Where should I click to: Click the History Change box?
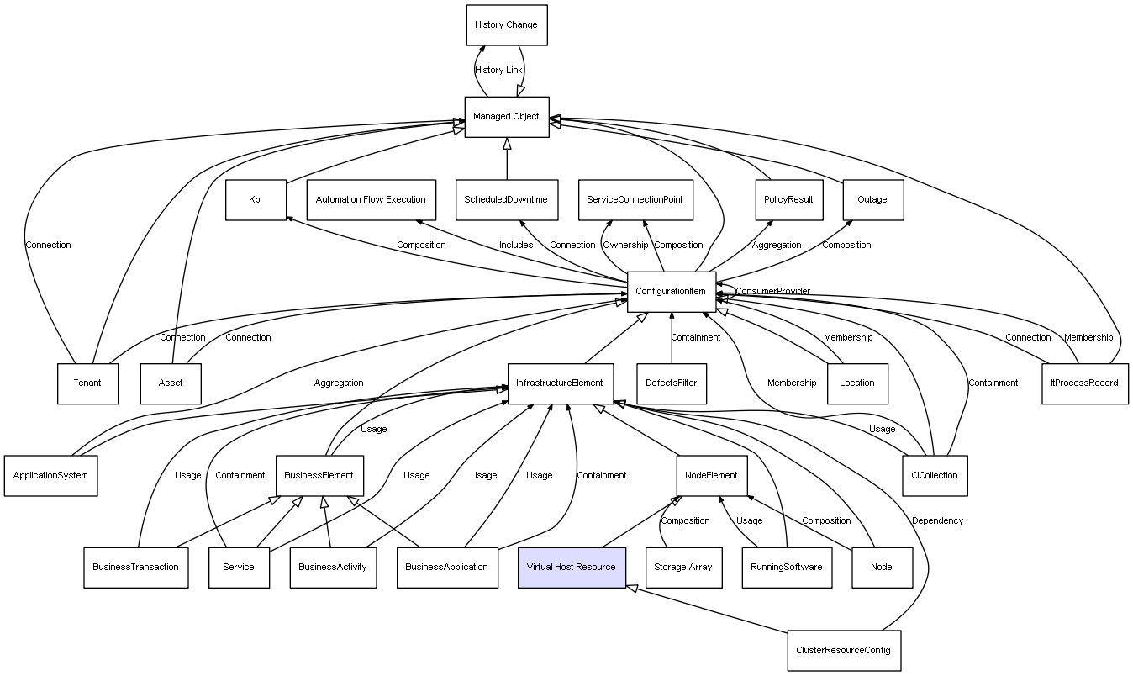(506, 25)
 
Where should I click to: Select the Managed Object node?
(506, 117)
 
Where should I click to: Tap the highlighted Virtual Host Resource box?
(572, 567)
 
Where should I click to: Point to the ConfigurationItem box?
(671, 292)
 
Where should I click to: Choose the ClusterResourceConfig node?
(844, 650)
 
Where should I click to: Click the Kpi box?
(256, 200)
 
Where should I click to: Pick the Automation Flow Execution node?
(371, 200)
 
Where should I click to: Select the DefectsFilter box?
(671, 383)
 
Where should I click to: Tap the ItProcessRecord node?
(1085, 383)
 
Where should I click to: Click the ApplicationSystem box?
(50, 475)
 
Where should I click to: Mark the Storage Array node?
(683, 567)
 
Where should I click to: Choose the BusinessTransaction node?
(135, 567)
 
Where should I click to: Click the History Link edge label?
(498, 71)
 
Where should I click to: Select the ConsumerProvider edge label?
(773, 292)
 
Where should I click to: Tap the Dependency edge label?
(937, 521)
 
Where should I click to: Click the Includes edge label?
(516, 246)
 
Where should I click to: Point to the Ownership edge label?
(625, 246)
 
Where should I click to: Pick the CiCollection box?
(934, 475)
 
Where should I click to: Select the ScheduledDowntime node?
(506, 200)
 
